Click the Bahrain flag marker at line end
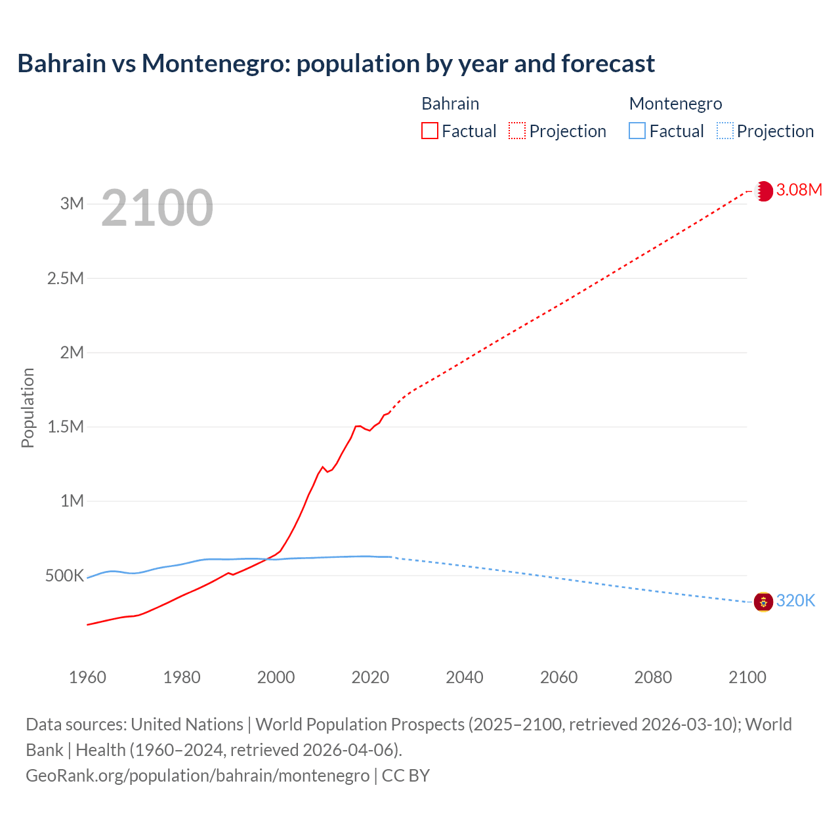point(763,191)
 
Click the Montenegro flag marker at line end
point(763,601)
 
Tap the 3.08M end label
point(799,190)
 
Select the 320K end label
point(795,601)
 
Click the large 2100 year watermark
point(157,208)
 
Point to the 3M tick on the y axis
point(72,203)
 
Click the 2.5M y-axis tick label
point(66,278)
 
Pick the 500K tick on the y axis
point(64,576)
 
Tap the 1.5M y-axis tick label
point(66,427)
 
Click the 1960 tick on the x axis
point(87,677)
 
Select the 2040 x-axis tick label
point(464,677)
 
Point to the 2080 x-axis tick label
point(653,677)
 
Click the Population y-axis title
point(28,408)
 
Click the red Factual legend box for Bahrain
point(430,131)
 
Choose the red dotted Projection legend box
point(517,131)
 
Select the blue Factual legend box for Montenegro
point(637,131)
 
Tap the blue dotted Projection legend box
point(725,131)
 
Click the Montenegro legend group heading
point(675,104)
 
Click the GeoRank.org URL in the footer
point(198,776)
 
